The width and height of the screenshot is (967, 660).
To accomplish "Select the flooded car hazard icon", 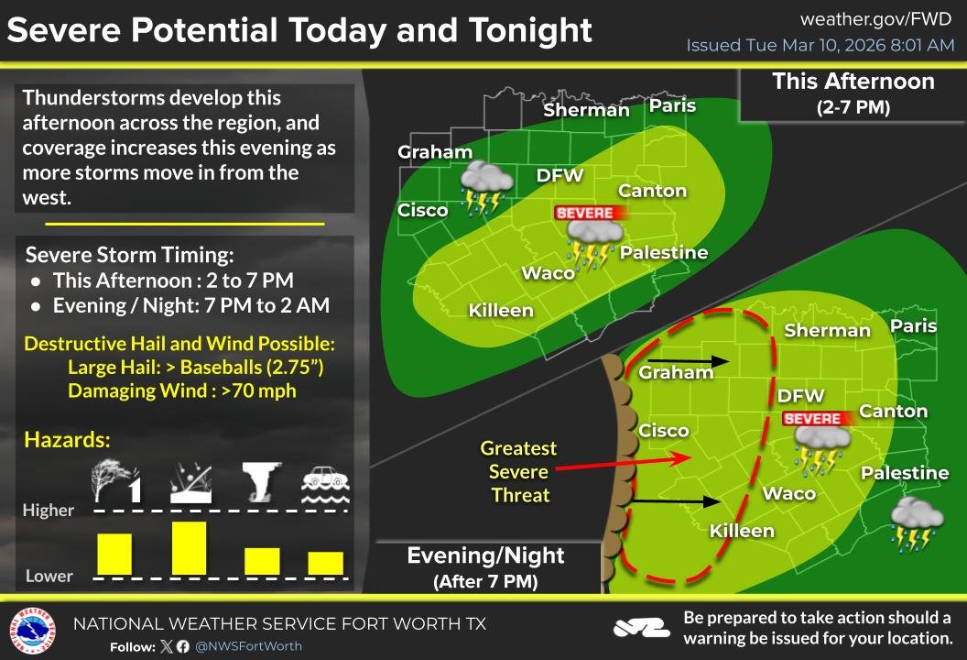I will (x=325, y=483).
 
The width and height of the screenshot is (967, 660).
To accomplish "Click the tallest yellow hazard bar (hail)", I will (x=189, y=547).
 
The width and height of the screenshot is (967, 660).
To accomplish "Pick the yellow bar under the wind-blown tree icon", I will (x=114, y=554).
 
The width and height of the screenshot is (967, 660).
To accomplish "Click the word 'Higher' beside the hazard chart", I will (x=49, y=511).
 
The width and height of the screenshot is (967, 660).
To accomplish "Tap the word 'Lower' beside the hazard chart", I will (x=49, y=576).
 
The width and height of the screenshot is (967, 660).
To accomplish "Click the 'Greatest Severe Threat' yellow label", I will (x=519, y=472).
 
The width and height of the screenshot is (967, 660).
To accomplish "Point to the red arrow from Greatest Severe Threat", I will (x=622, y=462).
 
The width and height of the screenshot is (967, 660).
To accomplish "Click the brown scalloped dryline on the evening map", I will (x=615, y=467).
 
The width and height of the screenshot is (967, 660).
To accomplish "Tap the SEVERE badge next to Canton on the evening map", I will (x=813, y=419).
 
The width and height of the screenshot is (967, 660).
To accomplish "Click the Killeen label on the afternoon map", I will (x=500, y=311).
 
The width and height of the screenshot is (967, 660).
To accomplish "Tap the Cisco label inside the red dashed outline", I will (x=663, y=431).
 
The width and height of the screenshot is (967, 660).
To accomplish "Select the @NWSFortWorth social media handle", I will (x=249, y=646).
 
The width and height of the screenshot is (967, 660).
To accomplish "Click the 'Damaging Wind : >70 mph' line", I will (x=181, y=390).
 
